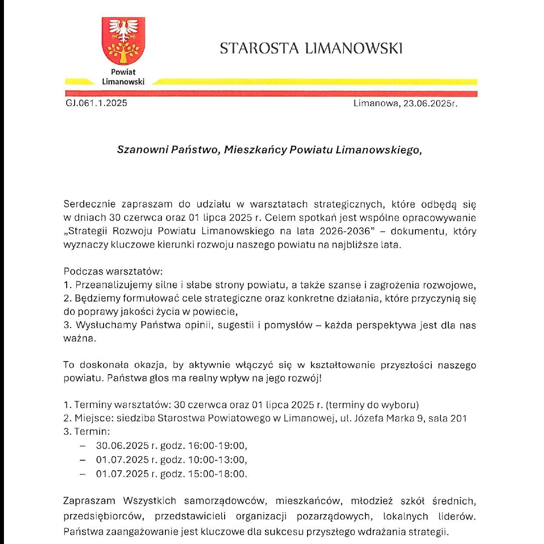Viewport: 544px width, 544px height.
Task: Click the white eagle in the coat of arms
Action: point(123,30)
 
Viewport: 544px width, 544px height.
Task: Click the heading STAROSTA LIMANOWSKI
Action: point(311,48)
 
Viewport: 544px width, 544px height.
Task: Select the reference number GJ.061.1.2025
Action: point(97,103)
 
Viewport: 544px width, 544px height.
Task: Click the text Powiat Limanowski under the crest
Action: point(123,77)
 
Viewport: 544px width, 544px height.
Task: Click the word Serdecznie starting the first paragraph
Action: point(89,204)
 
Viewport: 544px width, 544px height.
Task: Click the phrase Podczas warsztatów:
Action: point(113,272)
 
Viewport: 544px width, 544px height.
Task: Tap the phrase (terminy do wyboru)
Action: point(372,404)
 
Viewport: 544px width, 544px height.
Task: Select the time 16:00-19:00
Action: point(218,446)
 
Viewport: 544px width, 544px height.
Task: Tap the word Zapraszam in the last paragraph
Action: point(89,501)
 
